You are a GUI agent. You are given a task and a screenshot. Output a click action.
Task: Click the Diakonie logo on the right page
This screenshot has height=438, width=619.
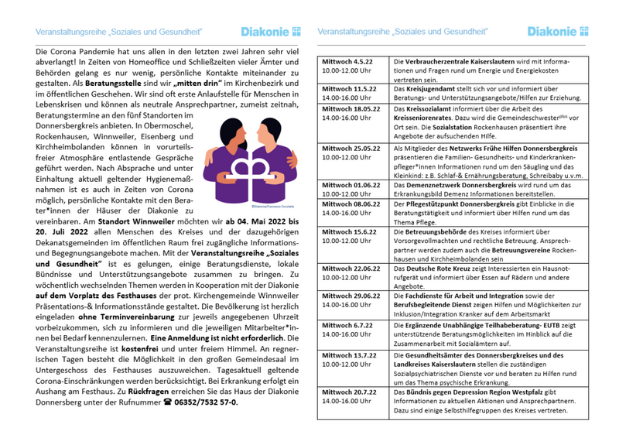[557, 32]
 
